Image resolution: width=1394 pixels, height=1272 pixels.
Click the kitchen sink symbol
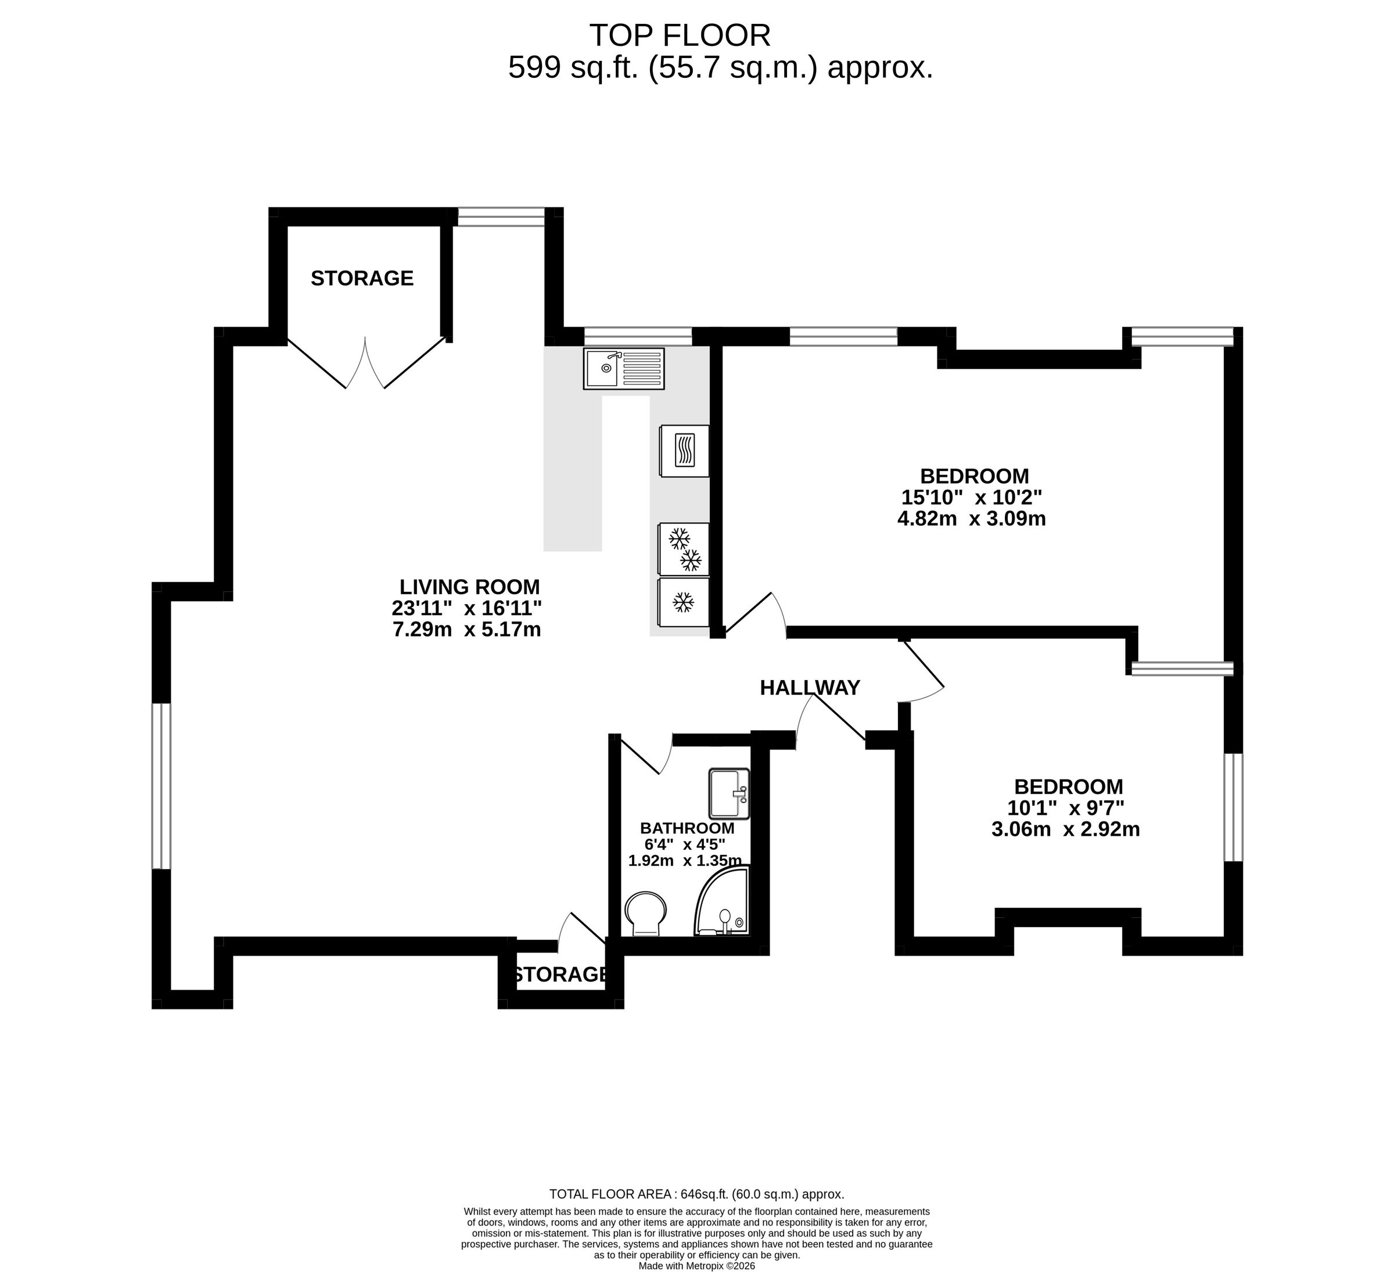point(624,368)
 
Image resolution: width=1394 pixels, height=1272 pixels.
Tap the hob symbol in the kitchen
point(684,451)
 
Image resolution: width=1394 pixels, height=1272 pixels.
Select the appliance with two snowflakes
point(684,549)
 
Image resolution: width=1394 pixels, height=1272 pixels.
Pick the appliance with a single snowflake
point(684,602)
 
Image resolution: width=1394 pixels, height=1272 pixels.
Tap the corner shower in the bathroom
point(722,902)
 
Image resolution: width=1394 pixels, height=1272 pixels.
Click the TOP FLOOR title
point(679,35)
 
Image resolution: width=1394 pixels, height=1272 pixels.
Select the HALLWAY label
point(810,688)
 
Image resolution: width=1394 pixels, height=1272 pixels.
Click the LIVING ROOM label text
point(469,587)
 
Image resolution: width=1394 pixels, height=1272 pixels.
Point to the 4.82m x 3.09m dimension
point(972,519)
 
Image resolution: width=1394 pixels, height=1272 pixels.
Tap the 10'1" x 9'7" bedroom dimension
point(1066,807)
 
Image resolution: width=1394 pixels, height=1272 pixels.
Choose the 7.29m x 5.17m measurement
point(467,630)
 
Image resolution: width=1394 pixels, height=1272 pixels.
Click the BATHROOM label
point(687,828)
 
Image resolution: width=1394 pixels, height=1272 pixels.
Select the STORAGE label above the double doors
point(362,278)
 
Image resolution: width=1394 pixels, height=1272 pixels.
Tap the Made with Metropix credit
point(696,1266)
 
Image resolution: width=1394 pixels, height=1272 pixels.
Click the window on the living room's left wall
point(161,786)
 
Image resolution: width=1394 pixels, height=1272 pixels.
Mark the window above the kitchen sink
point(638,337)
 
